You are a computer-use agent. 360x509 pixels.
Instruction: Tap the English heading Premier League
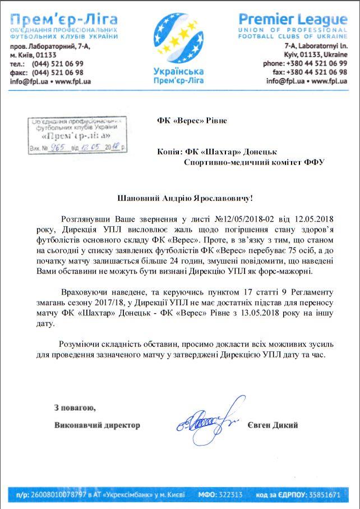293,20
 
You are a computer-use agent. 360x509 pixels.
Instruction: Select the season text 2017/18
111,304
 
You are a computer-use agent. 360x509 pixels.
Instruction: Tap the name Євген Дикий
273,425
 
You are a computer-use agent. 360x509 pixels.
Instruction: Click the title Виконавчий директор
97,425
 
